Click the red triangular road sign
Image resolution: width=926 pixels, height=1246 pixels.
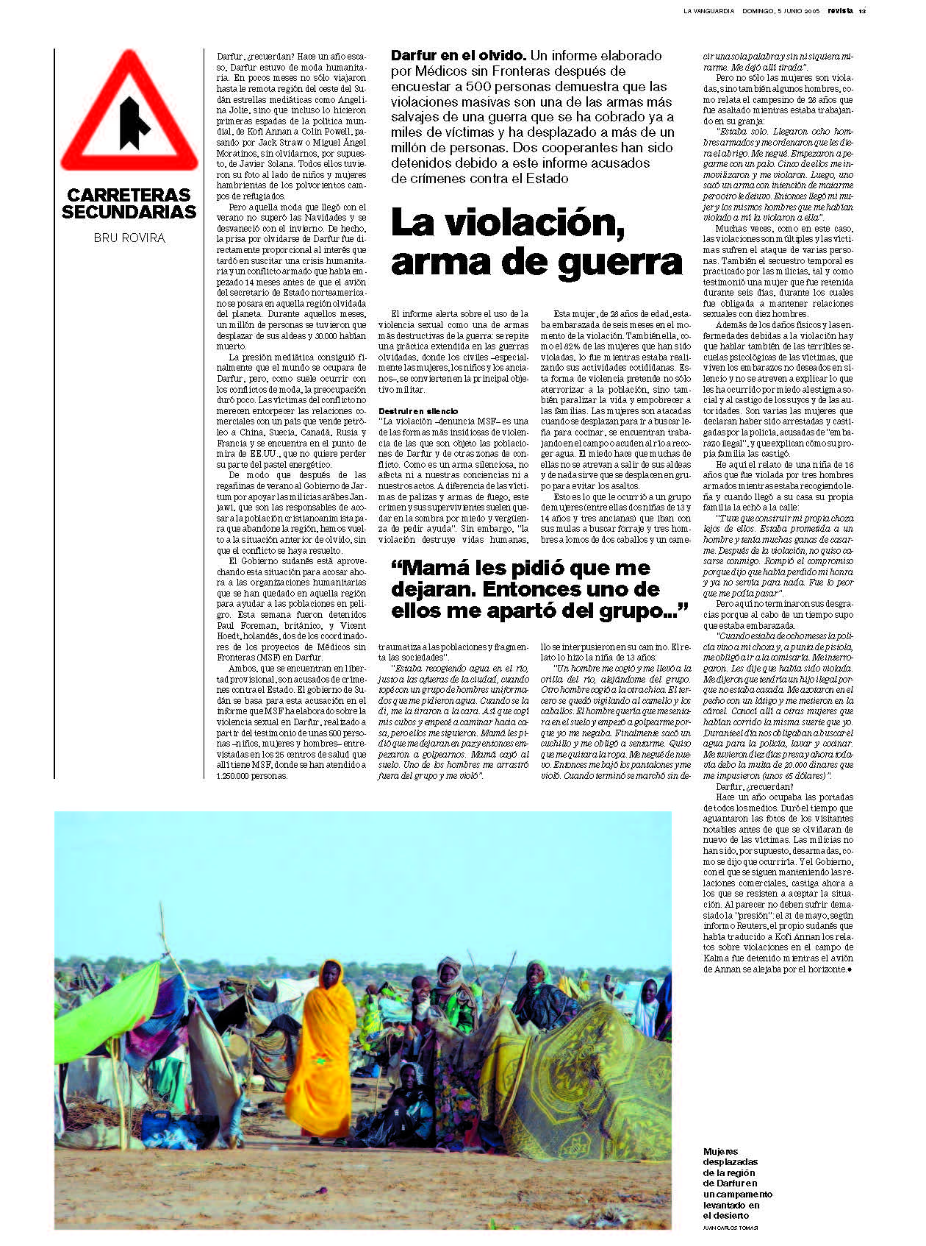129,110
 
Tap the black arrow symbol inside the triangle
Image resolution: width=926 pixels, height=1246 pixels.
132,121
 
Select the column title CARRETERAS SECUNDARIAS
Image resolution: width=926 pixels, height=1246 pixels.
129,204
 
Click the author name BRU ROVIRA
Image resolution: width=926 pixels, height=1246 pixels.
129,238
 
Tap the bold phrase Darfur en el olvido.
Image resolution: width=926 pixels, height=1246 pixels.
458,55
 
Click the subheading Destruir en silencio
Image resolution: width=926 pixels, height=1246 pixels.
418,411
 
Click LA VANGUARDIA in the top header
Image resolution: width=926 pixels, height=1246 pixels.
708,11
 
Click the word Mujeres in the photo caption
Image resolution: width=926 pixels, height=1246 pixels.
721,1152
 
